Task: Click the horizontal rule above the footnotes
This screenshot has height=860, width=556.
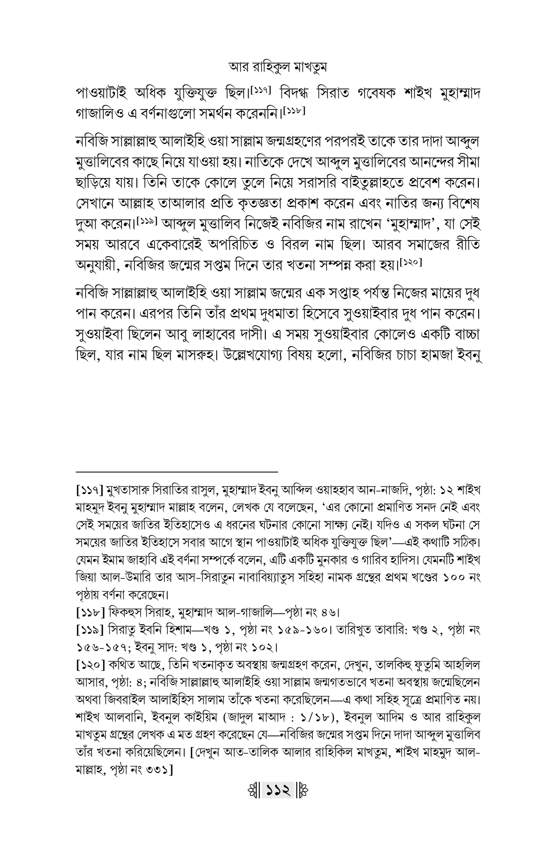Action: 177,472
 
